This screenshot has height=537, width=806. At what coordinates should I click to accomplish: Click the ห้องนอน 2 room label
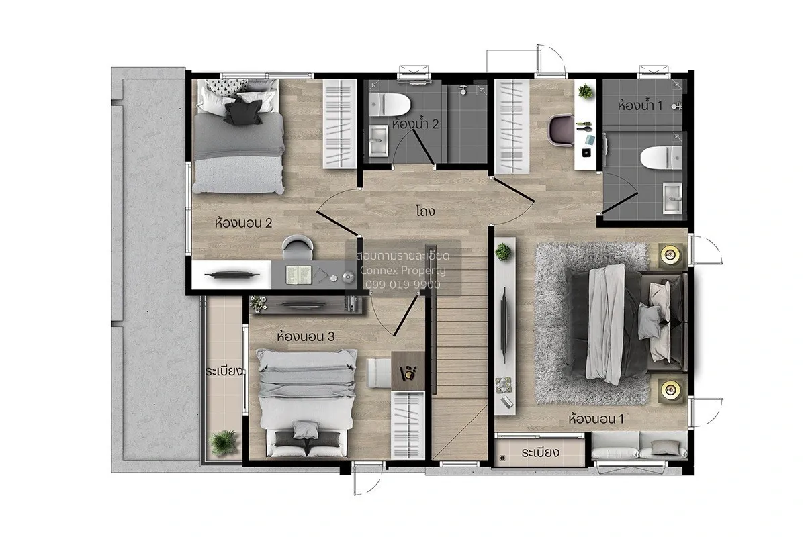(x=243, y=223)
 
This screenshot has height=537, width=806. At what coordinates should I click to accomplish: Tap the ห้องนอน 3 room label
(x=306, y=336)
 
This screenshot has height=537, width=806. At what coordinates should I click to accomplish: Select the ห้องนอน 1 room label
(x=596, y=419)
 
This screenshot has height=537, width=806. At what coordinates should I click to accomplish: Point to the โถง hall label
(x=425, y=211)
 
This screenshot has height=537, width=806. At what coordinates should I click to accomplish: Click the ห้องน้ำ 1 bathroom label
(x=640, y=105)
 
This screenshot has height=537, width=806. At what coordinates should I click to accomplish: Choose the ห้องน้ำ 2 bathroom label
(x=415, y=124)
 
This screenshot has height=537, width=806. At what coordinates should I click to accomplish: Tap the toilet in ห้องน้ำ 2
(x=390, y=105)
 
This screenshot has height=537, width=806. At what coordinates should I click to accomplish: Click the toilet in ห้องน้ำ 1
(x=662, y=158)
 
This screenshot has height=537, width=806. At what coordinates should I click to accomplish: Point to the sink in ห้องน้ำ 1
(x=672, y=198)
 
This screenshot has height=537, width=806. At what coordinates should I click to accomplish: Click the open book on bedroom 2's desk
(x=299, y=275)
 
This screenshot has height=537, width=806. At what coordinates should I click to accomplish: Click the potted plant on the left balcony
(x=224, y=443)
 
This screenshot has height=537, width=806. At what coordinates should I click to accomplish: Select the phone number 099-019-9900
(x=403, y=285)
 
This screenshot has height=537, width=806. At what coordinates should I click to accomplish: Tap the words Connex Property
(x=402, y=270)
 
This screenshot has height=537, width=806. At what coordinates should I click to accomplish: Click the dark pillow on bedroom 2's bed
(x=243, y=112)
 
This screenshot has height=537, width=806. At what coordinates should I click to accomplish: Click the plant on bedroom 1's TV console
(x=502, y=252)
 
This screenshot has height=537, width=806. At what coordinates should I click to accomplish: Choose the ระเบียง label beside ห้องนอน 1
(x=541, y=453)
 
